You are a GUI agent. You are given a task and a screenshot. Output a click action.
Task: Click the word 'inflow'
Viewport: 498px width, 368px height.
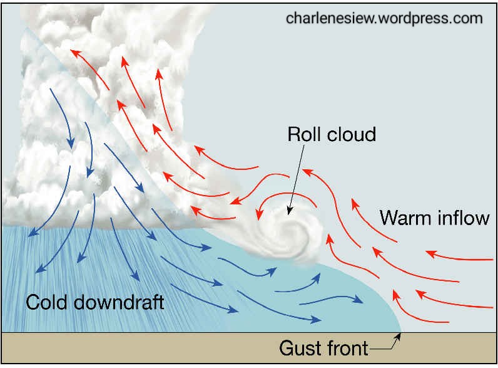click(x=462, y=218)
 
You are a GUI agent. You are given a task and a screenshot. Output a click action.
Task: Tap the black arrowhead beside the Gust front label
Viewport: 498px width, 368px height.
click(x=398, y=335)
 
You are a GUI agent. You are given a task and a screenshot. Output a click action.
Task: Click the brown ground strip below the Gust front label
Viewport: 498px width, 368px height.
click(x=188, y=348)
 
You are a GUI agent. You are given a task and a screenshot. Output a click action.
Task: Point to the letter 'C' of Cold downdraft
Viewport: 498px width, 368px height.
click(x=32, y=302)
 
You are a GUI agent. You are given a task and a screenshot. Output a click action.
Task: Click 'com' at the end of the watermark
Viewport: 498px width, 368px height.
click(x=469, y=18)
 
